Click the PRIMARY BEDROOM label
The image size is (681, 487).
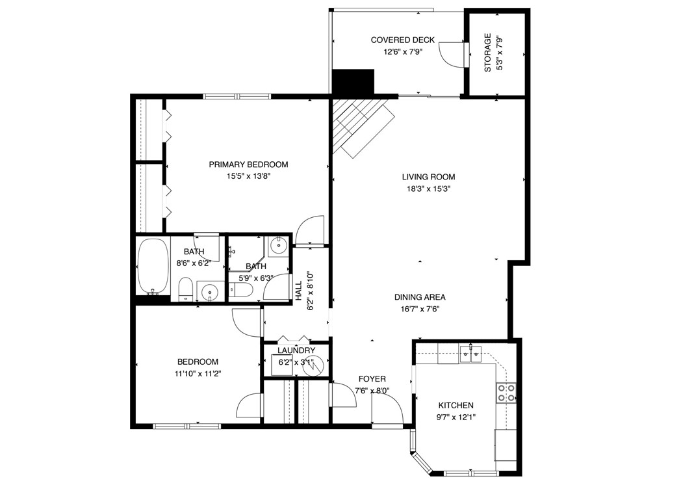(x=248, y=165)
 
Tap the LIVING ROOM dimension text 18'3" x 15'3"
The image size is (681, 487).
(x=428, y=189)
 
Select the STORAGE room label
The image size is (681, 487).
(x=488, y=53)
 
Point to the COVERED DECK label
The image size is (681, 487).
(x=403, y=40)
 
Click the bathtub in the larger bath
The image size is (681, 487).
(x=153, y=267)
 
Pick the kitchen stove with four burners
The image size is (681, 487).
(x=506, y=392)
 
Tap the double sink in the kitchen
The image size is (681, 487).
(x=471, y=354)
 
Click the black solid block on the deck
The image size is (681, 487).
(x=353, y=82)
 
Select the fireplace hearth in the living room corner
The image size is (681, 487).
(x=361, y=127)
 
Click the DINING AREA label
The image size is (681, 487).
(x=420, y=298)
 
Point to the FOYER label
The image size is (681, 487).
(x=372, y=379)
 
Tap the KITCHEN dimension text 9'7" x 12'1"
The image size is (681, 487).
(x=456, y=417)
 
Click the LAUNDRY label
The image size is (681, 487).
(x=296, y=350)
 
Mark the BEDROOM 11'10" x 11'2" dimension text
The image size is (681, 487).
(x=199, y=373)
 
